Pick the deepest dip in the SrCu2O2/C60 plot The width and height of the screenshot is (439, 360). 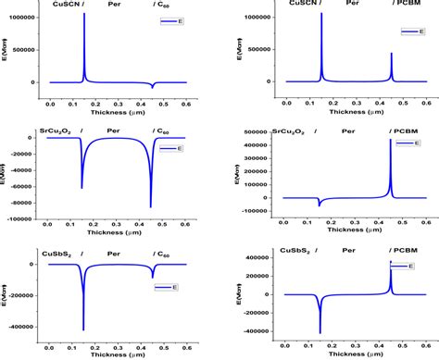pos(152,205)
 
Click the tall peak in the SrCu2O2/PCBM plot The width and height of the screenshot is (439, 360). pos(391,141)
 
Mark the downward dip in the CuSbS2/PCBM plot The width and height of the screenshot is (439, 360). pos(320,331)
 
